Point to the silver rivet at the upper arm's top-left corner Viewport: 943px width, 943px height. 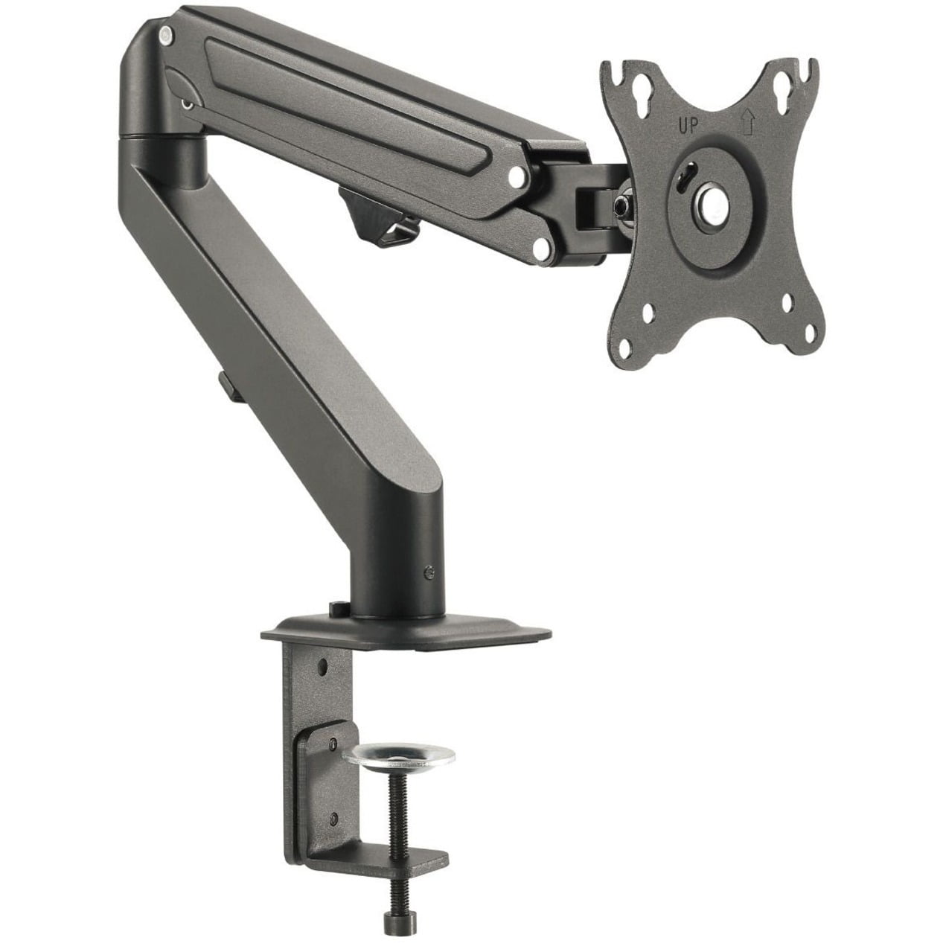tap(165, 33)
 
